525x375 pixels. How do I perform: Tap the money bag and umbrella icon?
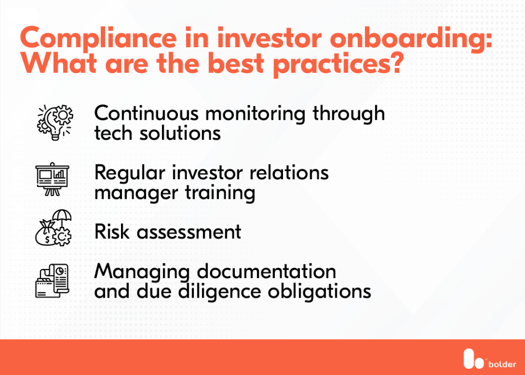coord(54,228)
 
